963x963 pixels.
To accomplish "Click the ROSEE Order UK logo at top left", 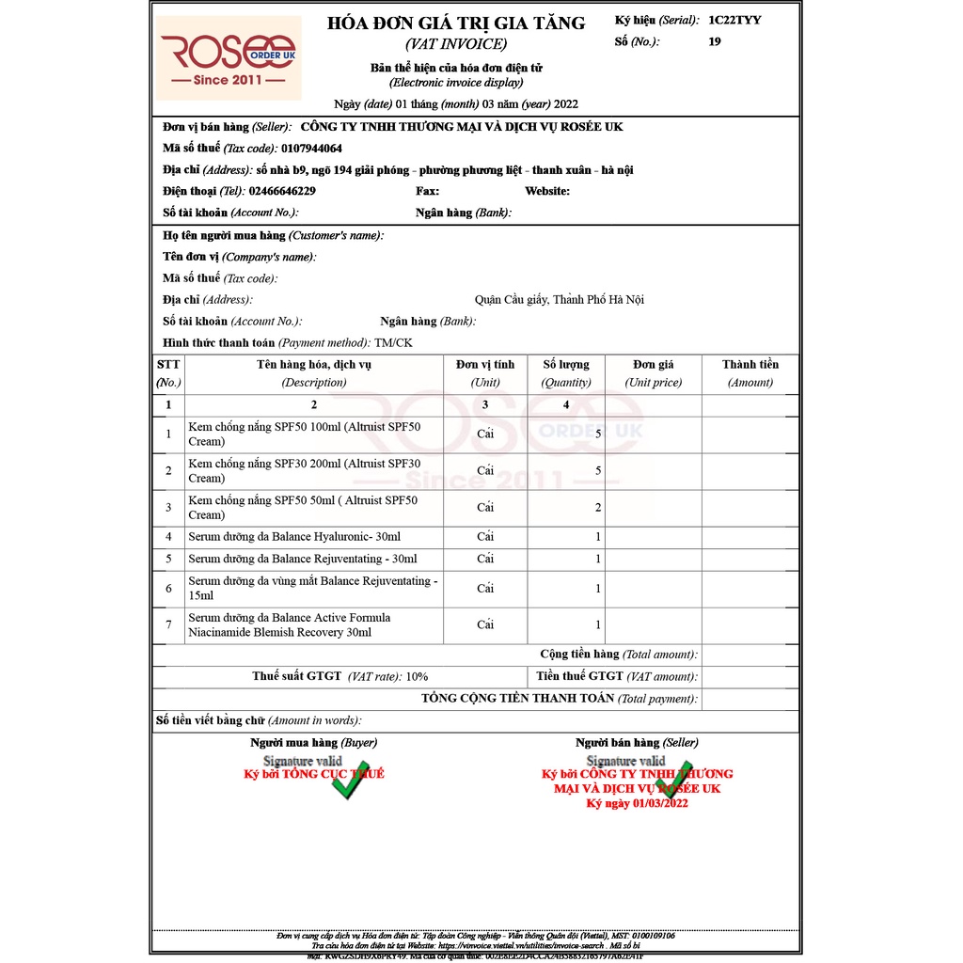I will pos(229,57).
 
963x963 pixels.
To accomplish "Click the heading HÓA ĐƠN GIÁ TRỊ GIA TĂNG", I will pos(455,24).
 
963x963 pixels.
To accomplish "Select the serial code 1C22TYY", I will pos(734,20).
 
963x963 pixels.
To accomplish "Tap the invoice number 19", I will pos(715,41).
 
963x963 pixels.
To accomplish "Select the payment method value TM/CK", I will pos(393,343).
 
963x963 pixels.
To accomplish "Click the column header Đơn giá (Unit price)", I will pos(653,373).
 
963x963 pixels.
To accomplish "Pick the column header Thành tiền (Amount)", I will pos(750,373).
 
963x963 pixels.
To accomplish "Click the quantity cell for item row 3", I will pos(598,508).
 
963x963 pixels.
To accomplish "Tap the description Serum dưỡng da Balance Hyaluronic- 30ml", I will pos(294,537).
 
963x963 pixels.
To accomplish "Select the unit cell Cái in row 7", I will pos(485,624).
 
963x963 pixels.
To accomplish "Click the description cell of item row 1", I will pos(305,434).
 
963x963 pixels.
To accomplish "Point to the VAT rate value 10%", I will pos(417,676).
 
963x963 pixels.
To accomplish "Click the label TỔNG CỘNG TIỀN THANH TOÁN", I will pos(517,699).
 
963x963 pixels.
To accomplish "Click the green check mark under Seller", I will pos(675,779).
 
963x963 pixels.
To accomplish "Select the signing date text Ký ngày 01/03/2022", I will pos(638,803).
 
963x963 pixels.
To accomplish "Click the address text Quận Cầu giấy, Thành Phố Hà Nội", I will pos(559,300).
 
